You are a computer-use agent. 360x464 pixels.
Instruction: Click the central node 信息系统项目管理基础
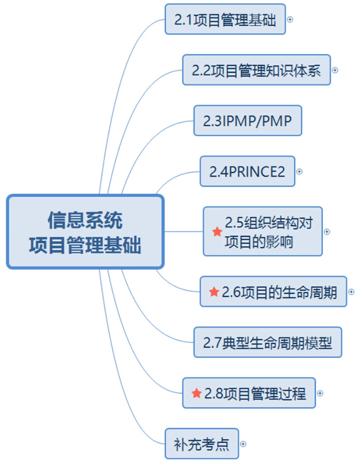[x=85, y=232]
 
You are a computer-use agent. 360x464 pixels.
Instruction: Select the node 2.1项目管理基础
[x=225, y=20]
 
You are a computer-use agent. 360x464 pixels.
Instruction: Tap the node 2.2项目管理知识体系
[x=256, y=70]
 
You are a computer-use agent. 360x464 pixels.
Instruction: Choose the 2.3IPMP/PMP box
[x=247, y=121]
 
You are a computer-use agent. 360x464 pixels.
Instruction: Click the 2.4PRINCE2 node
[x=247, y=172]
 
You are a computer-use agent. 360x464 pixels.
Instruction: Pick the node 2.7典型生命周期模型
[x=267, y=342]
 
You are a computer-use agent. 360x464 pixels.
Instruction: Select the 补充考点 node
[x=201, y=443]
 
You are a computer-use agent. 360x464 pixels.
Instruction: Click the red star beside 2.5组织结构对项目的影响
[x=217, y=232]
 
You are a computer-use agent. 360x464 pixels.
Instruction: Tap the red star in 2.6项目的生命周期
[x=214, y=291]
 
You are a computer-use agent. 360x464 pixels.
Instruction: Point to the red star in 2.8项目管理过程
[x=196, y=393]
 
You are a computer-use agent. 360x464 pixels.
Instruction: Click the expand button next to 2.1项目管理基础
[x=289, y=20]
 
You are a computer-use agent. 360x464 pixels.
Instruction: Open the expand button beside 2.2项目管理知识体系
[x=335, y=70]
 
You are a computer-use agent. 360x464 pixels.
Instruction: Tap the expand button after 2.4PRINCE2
[x=299, y=171]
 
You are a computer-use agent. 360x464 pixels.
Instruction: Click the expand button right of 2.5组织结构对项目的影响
[x=327, y=232]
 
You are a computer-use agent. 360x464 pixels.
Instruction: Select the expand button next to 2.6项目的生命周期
[x=351, y=291]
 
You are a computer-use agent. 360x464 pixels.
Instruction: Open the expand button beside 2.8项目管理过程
[x=320, y=393]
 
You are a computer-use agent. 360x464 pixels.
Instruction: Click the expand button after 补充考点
[x=243, y=443]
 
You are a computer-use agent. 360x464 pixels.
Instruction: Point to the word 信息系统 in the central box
[x=85, y=220]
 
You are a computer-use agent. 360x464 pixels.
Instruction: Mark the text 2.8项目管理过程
[x=255, y=393]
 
